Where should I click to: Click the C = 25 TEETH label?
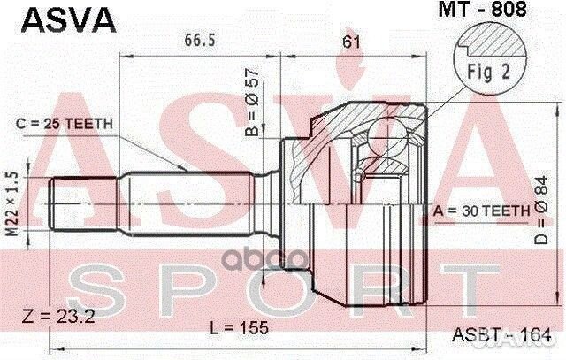pos(65,124)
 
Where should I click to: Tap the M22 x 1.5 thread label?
pos(12,200)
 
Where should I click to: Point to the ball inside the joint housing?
pos(386,138)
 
